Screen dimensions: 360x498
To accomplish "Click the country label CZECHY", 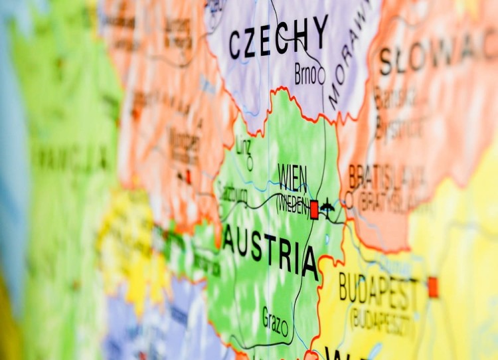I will point(278,39).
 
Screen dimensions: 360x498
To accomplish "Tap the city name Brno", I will point(305,75).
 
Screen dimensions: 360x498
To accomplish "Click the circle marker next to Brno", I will point(321,77).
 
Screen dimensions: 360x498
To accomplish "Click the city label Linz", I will point(244,145).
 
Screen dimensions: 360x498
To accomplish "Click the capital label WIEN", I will point(292,178).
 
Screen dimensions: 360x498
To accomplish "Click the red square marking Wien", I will point(314,210).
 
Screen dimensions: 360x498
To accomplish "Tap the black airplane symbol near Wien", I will point(327,209).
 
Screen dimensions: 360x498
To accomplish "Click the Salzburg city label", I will point(233,195).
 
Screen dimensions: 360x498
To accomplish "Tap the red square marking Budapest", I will point(433,287).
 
